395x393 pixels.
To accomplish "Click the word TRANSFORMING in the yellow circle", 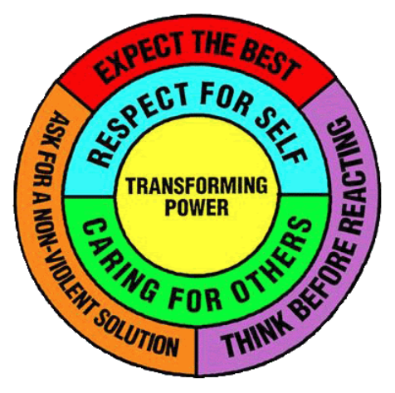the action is [197, 186].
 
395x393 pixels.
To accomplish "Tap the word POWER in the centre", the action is [197, 206].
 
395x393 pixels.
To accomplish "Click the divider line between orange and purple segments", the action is [197, 352].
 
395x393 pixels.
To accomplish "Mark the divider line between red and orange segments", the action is [76, 97].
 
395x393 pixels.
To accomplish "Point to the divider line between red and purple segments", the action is [318, 94].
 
